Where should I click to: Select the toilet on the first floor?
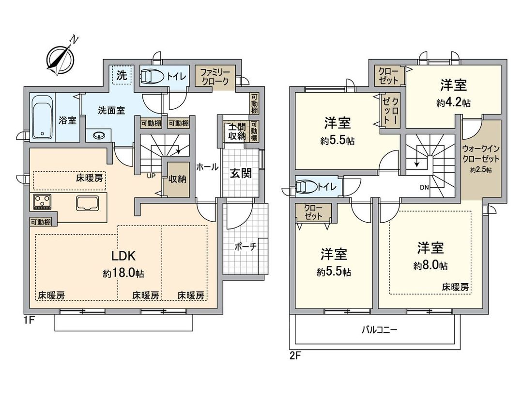click(154, 77)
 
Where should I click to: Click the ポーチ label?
click(246, 246)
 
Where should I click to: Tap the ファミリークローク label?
click(215, 77)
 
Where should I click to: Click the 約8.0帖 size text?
click(430, 265)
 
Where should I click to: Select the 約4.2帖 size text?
click(454, 103)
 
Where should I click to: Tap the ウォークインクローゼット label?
click(480, 155)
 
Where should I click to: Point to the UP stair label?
click(151, 176)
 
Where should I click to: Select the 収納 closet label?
click(176, 179)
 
